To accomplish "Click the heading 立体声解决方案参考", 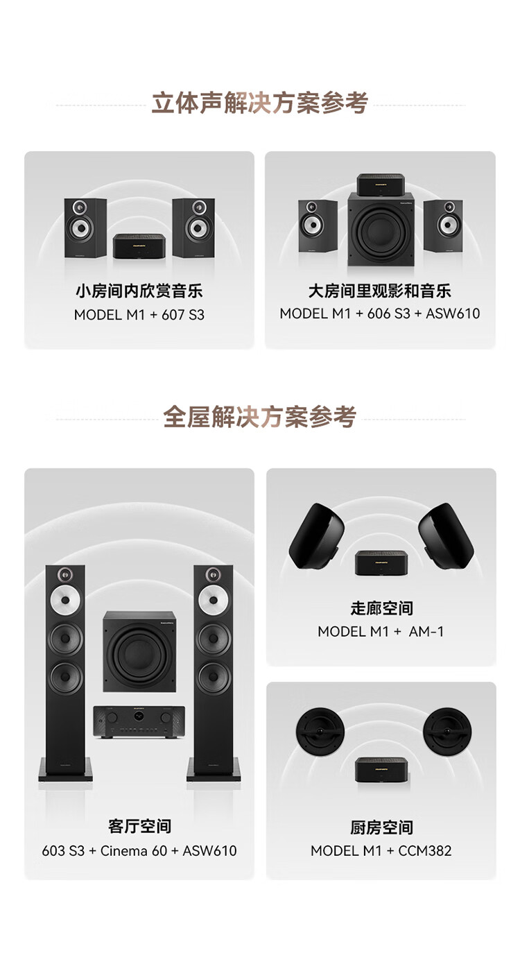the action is pyautogui.click(x=259, y=103).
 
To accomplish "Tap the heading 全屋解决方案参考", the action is pyautogui.click(x=259, y=417).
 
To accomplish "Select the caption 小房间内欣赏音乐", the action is pyautogui.click(x=139, y=291).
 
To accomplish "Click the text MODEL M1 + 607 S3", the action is pyautogui.click(x=139, y=314).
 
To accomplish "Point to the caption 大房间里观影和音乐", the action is pyautogui.click(x=380, y=291).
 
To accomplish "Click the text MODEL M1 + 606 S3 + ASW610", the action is pyautogui.click(x=380, y=313).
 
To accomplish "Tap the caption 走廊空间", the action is pyautogui.click(x=381, y=608).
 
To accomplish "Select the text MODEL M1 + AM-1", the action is pyautogui.click(x=381, y=632).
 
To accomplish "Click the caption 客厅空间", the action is pyautogui.click(x=139, y=826).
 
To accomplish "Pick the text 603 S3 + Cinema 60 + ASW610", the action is pyautogui.click(x=139, y=850).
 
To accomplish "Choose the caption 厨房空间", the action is pyautogui.click(x=381, y=827).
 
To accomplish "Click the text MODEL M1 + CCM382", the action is pyautogui.click(x=381, y=850).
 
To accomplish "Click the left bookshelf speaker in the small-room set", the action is pyautogui.click(x=85, y=227).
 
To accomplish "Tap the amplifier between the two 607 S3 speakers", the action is pyautogui.click(x=139, y=246).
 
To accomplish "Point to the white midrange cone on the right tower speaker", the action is pyautogui.click(x=214, y=600).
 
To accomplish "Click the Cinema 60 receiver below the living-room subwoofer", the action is pyautogui.click(x=139, y=721).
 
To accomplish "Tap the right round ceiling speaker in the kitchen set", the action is pyautogui.click(x=447, y=731).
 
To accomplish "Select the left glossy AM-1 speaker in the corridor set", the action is pyautogui.click(x=317, y=535).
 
